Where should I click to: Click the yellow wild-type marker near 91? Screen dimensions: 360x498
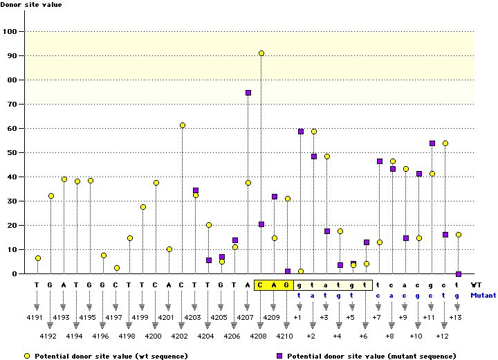click(x=261, y=53)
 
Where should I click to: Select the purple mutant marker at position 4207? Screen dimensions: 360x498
click(x=248, y=93)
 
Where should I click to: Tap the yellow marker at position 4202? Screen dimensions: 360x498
click(x=183, y=125)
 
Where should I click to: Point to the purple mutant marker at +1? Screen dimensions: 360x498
click(x=301, y=132)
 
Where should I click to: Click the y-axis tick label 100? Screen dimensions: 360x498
click(x=10, y=32)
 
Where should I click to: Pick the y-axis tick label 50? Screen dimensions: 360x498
click(x=12, y=153)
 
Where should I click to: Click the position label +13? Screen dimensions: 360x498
click(x=456, y=317)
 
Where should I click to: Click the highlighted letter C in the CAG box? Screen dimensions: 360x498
click(x=261, y=285)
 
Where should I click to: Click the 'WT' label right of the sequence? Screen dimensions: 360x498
click(x=477, y=285)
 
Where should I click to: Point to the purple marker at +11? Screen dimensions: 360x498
click(x=432, y=143)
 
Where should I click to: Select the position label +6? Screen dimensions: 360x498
click(x=364, y=335)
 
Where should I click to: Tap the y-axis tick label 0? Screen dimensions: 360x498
click(x=15, y=274)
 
